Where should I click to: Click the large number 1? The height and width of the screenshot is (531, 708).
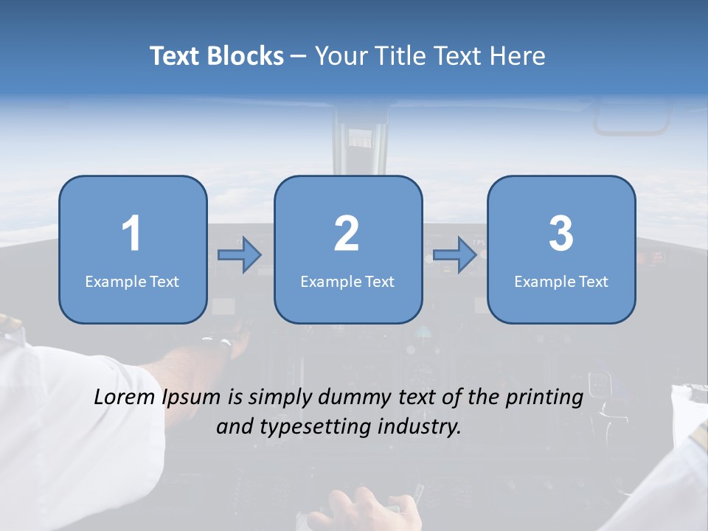tap(132, 235)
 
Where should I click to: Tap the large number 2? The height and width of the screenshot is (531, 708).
tap(347, 235)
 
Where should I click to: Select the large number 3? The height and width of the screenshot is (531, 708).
tap(561, 235)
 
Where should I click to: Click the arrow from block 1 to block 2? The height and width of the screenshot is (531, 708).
tap(240, 254)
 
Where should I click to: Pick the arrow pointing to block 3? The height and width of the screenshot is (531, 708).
tap(455, 254)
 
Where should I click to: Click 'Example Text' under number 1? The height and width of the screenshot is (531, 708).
tap(132, 281)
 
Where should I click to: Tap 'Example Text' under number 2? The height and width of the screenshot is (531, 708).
tap(347, 281)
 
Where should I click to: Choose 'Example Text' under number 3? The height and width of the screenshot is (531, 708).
tap(561, 281)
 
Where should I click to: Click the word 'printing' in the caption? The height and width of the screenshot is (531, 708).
tap(544, 398)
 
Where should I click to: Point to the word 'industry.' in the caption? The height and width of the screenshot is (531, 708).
tap(420, 426)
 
